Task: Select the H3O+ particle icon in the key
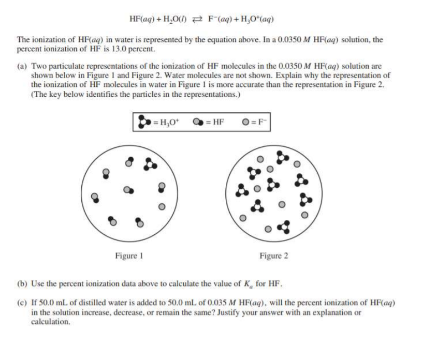pyautogui.click(x=143, y=123)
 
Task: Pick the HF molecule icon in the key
pyautogui.click(x=199, y=123)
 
